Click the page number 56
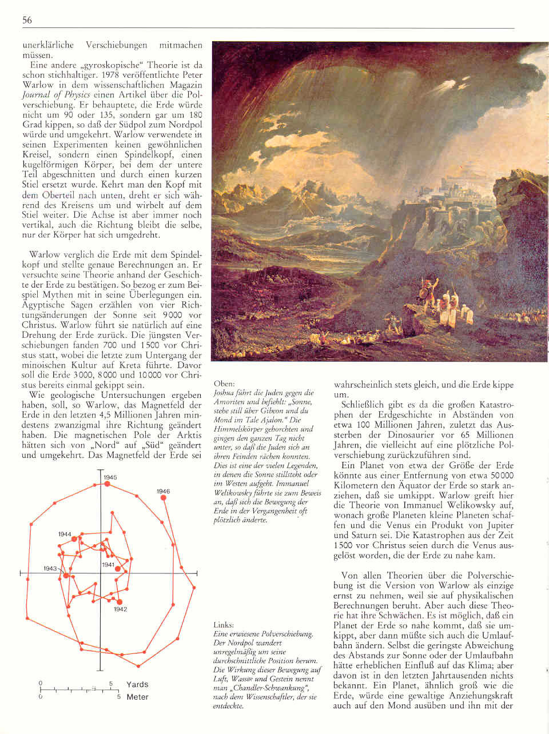[x=27, y=21]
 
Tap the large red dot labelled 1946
[x=164, y=498]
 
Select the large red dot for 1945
[x=107, y=484]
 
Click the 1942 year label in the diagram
[x=120, y=609]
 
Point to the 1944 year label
[x=65, y=534]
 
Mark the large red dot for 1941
[x=118, y=569]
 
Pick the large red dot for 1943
[x=66, y=576]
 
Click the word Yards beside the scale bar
[x=137, y=684]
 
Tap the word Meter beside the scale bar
[x=137, y=697]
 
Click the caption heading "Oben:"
[x=224, y=384]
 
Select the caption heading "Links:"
[x=224, y=625]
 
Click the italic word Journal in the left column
[x=36, y=95]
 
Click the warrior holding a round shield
[x=427, y=286]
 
